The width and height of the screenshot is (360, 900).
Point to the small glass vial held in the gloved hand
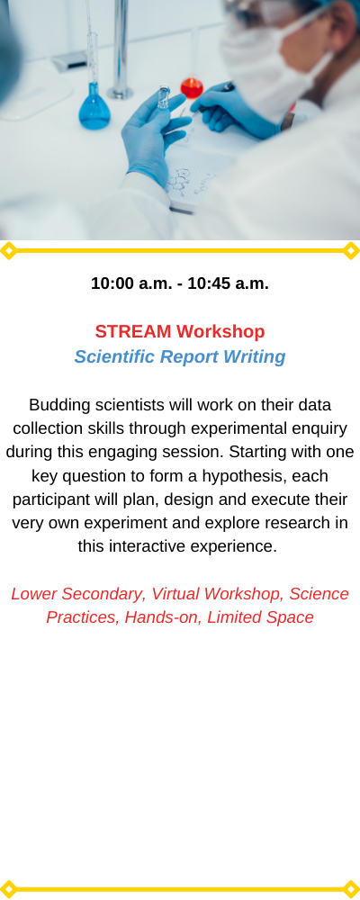(x=164, y=97)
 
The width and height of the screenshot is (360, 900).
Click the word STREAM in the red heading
(x=133, y=332)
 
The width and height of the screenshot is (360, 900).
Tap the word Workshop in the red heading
(x=221, y=332)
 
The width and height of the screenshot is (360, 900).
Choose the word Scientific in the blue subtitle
(x=115, y=357)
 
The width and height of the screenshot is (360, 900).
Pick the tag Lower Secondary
(x=78, y=595)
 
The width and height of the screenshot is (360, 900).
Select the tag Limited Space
(x=261, y=618)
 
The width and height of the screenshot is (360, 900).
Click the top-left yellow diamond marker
(x=8, y=251)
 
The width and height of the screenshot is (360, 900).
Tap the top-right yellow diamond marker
(x=351, y=251)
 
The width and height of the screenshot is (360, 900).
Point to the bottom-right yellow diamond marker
(x=351, y=889)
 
